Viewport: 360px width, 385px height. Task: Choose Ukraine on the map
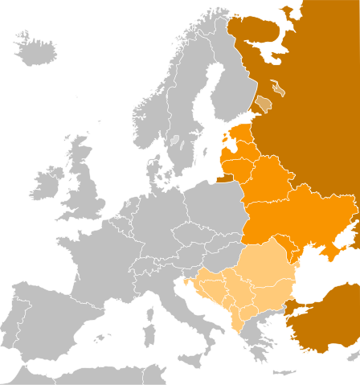pos(297,217)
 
